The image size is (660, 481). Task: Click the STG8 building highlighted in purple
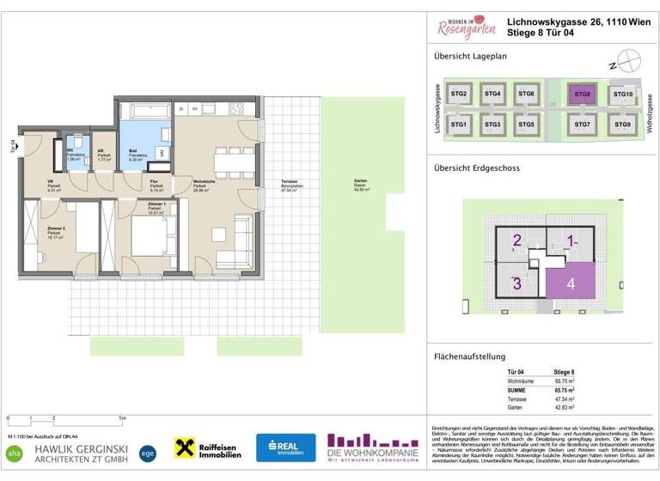tap(584, 94)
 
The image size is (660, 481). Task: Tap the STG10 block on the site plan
tap(623, 94)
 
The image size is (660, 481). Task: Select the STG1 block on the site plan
tap(459, 125)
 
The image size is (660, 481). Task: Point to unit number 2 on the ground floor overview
tap(517, 241)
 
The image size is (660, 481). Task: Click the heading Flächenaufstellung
tap(469, 356)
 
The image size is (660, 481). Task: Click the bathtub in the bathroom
tap(148, 113)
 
